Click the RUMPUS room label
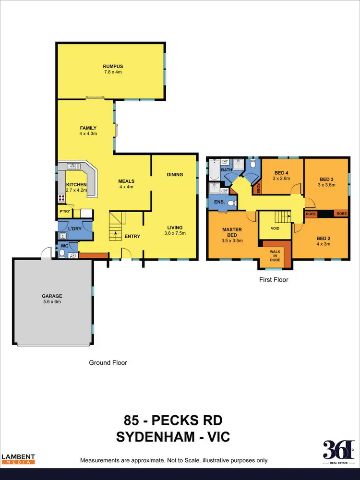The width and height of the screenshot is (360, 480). pyautogui.click(x=110, y=66)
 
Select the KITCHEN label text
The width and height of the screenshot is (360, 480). pyautogui.click(x=76, y=185)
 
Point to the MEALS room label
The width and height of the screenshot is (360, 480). pyautogui.click(x=126, y=181)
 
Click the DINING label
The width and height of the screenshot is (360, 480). pyautogui.click(x=175, y=174)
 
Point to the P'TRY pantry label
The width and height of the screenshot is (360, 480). pyautogui.click(x=64, y=211)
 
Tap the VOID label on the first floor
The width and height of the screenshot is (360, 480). pyautogui.click(x=275, y=228)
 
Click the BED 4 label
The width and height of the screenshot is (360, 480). pyautogui.click(x=282, y=173)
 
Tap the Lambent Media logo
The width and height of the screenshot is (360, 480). pyautogui.click(x=18, y=458)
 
